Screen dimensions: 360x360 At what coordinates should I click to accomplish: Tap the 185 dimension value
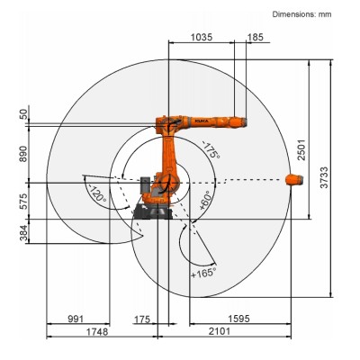pos(256,39)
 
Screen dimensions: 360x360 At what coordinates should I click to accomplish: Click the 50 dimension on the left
pos(22,114)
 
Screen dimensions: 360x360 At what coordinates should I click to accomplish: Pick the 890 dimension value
pos(22,154)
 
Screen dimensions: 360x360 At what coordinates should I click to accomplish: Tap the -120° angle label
pos(97,193)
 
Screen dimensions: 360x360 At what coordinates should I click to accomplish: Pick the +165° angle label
pos(202,271)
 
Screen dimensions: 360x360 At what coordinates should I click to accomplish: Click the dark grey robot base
pos(148,211)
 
